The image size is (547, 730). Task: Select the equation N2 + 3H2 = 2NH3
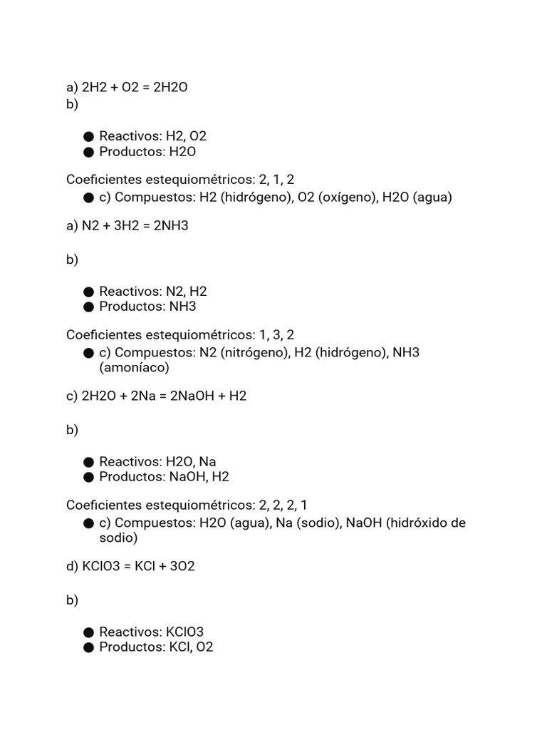tap(135, 225)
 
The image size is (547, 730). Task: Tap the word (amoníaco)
tap(134, 368)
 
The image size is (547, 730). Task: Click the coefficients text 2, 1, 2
tap(276, 180)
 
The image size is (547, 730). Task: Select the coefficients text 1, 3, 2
tap(276, 334)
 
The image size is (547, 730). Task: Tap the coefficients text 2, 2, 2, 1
tap(283, 505)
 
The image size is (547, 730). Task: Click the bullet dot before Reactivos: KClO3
tap(88, 632)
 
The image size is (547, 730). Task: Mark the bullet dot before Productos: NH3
tap(88, 307)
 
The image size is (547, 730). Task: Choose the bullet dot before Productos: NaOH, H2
tap(88, 477)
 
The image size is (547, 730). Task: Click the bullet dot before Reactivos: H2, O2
tap(88, 136)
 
